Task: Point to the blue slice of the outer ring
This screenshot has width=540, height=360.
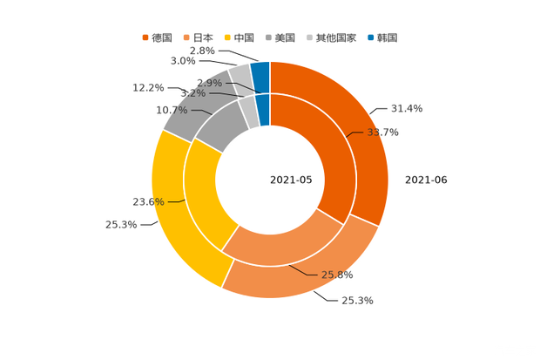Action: point(260,74)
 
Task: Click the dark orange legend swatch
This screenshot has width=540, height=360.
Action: point(145,37)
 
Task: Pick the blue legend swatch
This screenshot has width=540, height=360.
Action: point(372,37)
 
